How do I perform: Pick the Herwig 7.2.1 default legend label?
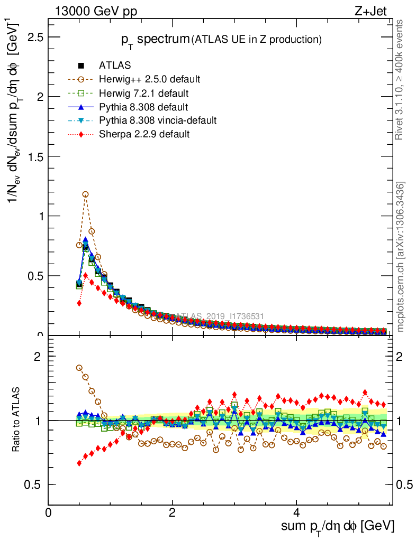pos(144,93)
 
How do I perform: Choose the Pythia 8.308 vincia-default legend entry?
pos(158,120)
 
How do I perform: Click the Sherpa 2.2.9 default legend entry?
pos(144,134)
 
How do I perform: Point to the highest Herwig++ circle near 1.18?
pos(85,194)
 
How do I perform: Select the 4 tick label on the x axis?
pos(297,512)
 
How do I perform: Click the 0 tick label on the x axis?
pos(49,512)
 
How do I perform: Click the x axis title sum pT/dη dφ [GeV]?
pos(337,527)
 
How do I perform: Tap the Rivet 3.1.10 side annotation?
pos(400,80)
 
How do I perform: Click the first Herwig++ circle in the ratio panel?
pos(79,368)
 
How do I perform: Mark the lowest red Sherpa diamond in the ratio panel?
pos(79,463)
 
